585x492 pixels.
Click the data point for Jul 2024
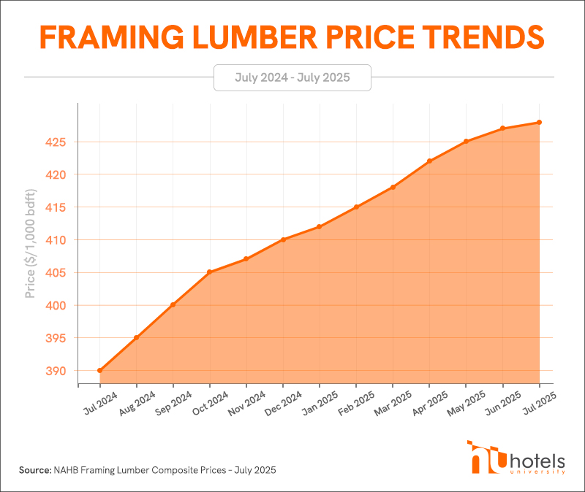99,370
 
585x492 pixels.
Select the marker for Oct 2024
210,272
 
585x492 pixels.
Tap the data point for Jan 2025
320,226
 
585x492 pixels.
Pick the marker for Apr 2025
429,161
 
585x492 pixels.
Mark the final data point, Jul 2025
539,122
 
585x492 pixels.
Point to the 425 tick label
56,142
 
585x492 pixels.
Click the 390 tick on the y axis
56,371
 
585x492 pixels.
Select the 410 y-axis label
56,240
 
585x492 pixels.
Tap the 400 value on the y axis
56,305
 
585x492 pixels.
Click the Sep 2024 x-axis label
173,403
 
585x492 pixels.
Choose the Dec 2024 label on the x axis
283,404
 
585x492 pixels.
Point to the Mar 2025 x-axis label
393,404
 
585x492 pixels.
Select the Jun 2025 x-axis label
503,403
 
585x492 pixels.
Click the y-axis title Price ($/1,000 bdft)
30,244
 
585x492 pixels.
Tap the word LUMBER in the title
255,37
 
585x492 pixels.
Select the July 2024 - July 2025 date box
292,77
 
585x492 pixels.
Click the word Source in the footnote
35,470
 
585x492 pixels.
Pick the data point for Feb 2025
356,207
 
